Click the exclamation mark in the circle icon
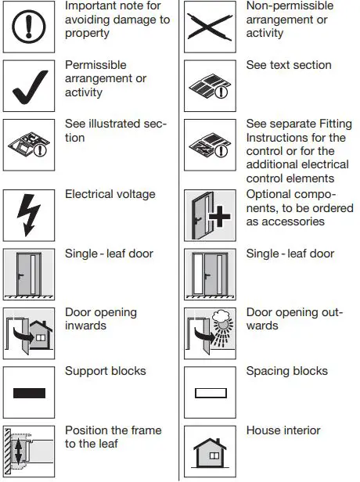29,27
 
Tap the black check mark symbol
30,87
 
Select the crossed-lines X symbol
210,27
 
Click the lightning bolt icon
29,215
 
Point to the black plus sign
219,217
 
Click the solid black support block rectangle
29,393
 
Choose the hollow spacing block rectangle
211,393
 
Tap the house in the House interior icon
210,453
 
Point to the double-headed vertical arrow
18,451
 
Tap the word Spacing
266,372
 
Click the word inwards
85,326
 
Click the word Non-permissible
290,5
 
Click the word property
87,34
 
